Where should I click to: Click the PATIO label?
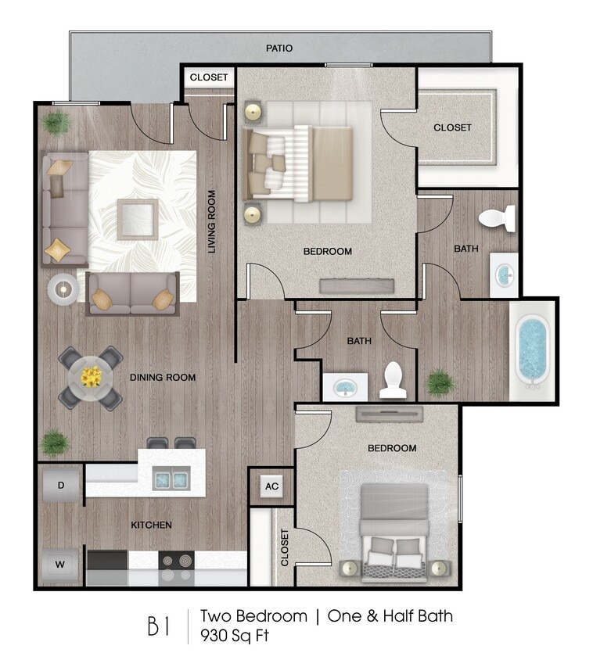279,48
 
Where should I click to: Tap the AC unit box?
271,486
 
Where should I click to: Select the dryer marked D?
60,486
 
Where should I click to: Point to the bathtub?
533,350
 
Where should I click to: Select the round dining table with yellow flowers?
91,378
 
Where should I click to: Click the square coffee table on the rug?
138,219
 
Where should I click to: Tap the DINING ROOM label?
163,378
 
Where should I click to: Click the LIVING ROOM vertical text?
211,221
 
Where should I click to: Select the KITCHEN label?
152,525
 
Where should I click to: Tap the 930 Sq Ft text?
235,635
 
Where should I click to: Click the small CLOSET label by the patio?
209,77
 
